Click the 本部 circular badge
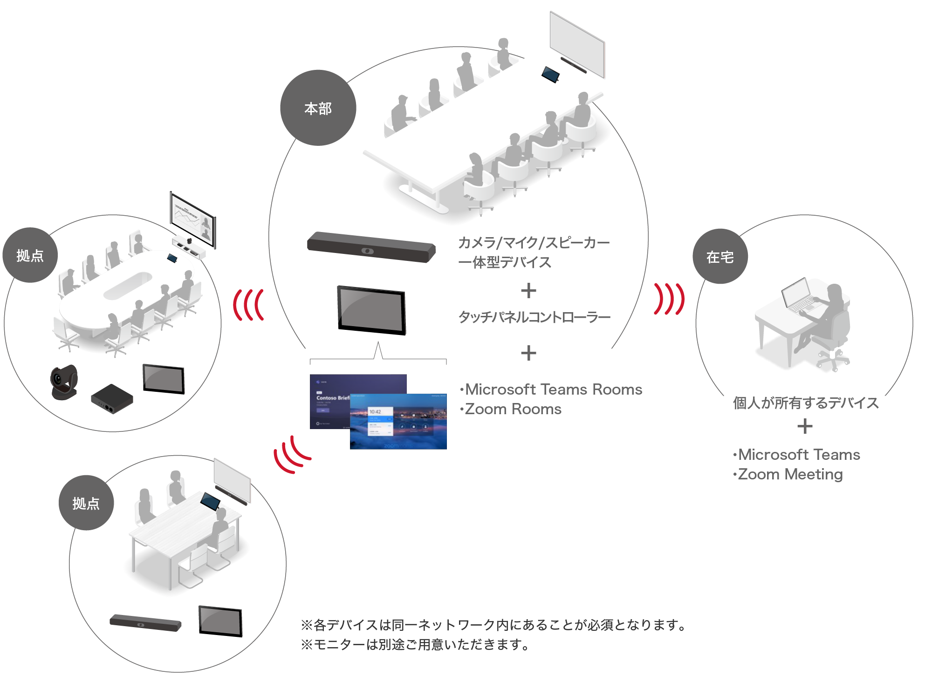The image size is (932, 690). coord(318,108)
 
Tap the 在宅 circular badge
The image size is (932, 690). coord(720,257)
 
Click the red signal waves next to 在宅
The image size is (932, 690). coord(669,299)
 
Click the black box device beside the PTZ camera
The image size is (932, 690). coord(112,399)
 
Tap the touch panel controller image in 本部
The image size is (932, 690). coord(371,310)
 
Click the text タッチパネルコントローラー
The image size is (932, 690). coord(534,317)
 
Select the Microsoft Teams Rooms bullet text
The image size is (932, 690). coord(551,389)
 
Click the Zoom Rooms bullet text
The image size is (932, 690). coord(511,409)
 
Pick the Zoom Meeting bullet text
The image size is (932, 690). coord(788,474)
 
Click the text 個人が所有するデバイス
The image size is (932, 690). coord(806,403)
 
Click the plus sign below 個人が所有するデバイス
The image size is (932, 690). coord(805,426)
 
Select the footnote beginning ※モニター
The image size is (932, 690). coord(415,645)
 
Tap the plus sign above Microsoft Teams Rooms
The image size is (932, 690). coord(528,353)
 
